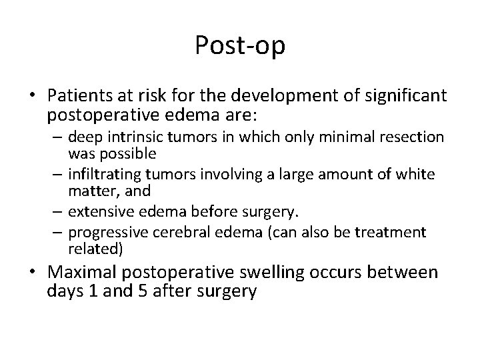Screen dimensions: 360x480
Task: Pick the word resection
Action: [x=416, y=137]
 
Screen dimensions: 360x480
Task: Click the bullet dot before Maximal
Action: [x=33, y=273]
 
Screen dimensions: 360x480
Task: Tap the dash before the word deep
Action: [x=55, y=138]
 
